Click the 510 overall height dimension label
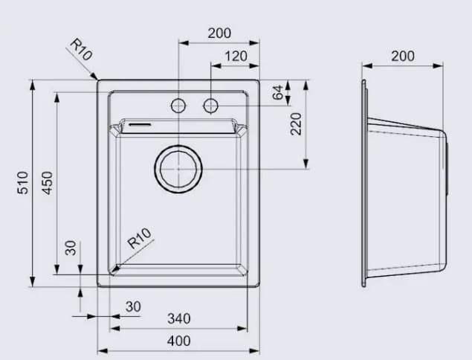pyautogui.click(x=22, y=183)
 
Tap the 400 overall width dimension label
pyautogui.click(x=178, y=341)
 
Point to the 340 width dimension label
pyautogui.click(x=178, y=318)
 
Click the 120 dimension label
pyautogui.click(x=236, y=56)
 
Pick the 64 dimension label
pyautogui.click(x=278, y=93)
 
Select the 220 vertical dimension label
pyautogui.click(x=296, y=123)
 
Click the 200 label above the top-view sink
pyautogui.click(x=219, y=33)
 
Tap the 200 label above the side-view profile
pyautogui.click(x=402, y=56)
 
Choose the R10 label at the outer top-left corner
pyautogui.click(x=80, y=51)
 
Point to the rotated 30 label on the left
pyautogui.click(x=71, y=248)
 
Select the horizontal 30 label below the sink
pyautogui.click(x=133, y=306)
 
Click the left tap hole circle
pyautogui.click(x=178, y=106)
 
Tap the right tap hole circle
pyautogui.click(x=211, y=106)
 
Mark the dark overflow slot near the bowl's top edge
pyautogui.click(x=140, y=125)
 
